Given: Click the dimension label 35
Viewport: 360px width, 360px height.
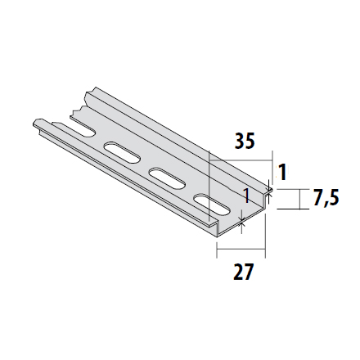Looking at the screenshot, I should (x=244, y=141).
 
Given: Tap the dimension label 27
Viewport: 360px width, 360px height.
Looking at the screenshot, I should (x=243, y=272).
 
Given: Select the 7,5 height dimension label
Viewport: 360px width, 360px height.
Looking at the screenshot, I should (x=326, y=199).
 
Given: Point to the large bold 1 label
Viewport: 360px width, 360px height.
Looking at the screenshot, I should (x=282, y=173).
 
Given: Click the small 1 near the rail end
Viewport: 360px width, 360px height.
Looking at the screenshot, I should (x=245, y=196).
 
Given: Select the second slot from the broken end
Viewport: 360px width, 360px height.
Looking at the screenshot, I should (x=121, y=152).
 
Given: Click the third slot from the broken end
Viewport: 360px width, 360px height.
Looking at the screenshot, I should (x=164, y=178).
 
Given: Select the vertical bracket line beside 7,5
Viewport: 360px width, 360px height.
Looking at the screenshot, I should (x=303, y=199).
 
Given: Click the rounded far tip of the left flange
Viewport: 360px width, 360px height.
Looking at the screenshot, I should (x=38, y=123).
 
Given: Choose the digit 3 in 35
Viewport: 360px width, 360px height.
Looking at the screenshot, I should (x=239, y=141).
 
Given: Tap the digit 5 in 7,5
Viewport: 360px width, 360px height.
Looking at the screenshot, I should (x=334, y=199).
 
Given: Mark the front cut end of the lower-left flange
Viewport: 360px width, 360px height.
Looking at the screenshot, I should (x=214, y=223).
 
